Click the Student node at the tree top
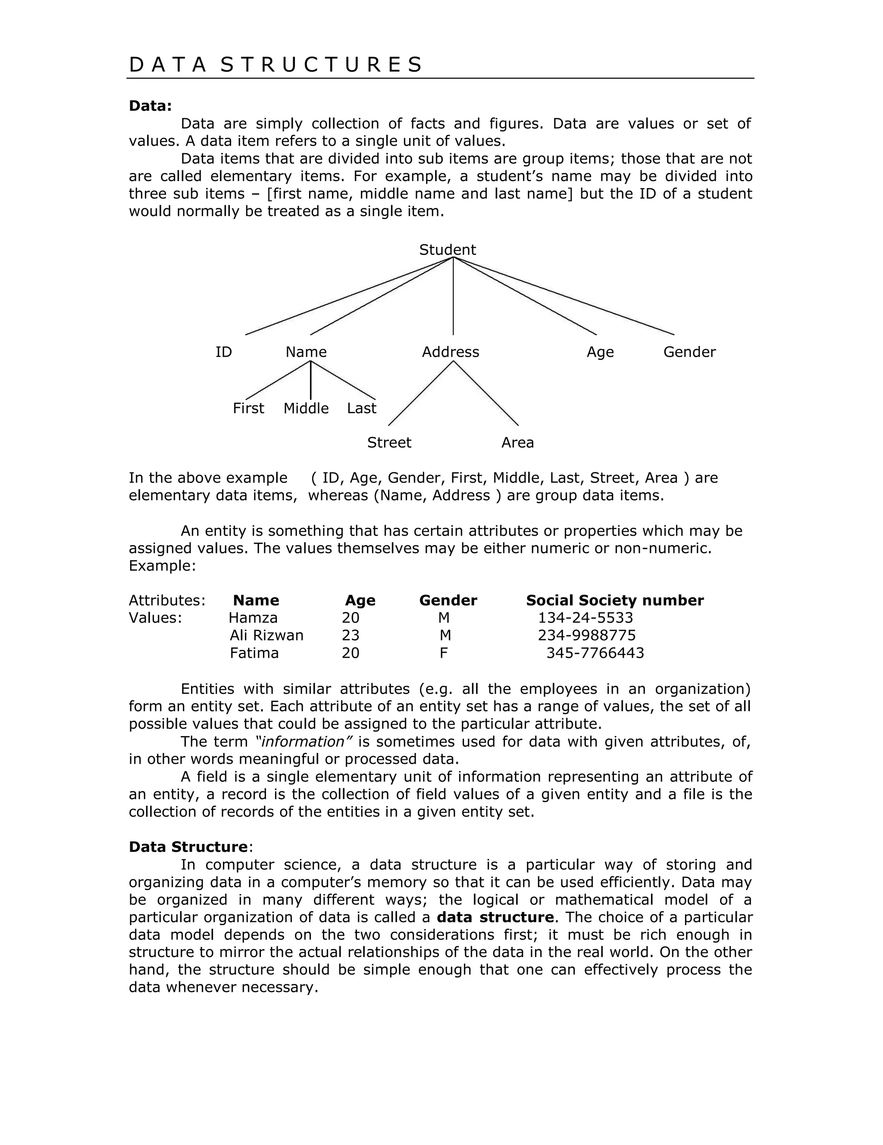[447, 250]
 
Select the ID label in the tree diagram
[223, 352]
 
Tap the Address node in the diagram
[450, 352]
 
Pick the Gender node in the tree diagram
[689, 352]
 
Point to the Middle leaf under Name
[306, 408]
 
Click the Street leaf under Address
[389, 442]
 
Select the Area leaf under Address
[517, 442]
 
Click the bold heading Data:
[150, 106]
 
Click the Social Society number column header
[615, 600]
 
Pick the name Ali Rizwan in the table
[266, 635]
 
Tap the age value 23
[350, 635]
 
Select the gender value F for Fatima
[443, 653]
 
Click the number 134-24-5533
[586, 618]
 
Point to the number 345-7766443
[595, 653]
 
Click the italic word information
[304, 742]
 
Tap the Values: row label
[155, 618]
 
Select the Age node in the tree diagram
[600, 352]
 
